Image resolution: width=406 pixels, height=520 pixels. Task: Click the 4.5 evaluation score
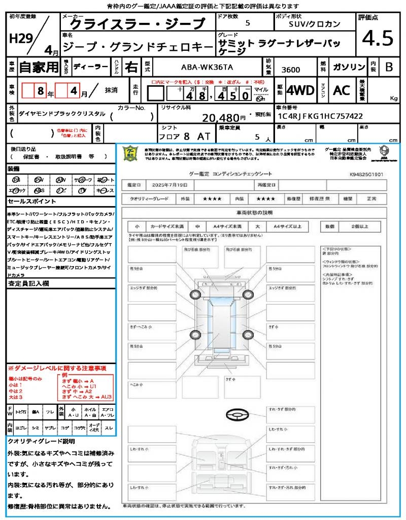pyautogui.click(x=378, y=39)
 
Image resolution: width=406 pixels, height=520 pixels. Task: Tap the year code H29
pyautogui.click(x=20, y=39)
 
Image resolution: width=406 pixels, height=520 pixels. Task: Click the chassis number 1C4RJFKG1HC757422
pyautogui.click(x=319, y=116)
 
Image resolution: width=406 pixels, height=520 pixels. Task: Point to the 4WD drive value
pyautogui.click(x=300, y=90)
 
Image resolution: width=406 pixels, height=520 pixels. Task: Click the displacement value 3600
pyautogui.click(x=290, y=70)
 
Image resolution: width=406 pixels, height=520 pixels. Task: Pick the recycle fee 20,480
pyautogui.click(x=225, y=118)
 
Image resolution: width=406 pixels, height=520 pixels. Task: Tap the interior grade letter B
pyautogui.click(x=388, y=67)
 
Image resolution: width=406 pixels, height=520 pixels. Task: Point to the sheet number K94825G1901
pyautogui.click(x=366, y=174)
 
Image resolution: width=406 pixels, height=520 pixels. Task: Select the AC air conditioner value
pyautogui.click(x=342, y=90)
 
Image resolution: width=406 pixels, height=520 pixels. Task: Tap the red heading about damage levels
pyautogui.click(x=56, y=368)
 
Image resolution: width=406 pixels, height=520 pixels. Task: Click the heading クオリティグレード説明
pyautogui.click(x=41, y=441)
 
